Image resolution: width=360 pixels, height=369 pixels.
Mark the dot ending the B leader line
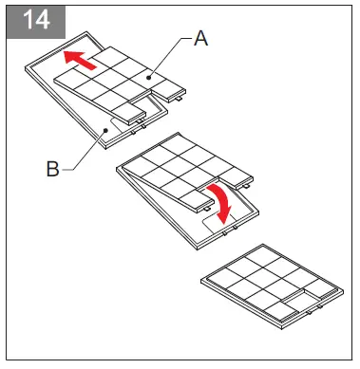point(103,130)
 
